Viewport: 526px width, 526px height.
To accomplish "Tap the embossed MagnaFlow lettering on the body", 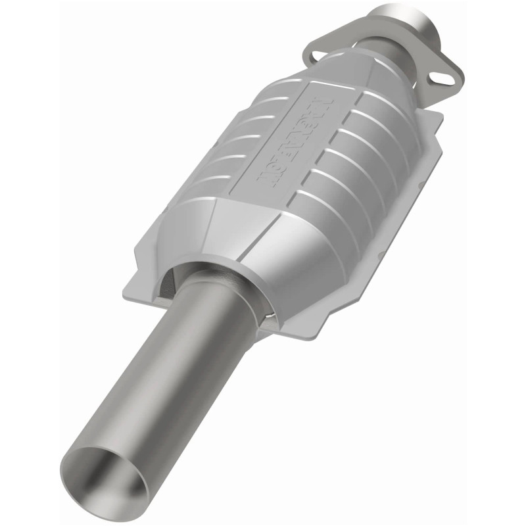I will pos(300,141).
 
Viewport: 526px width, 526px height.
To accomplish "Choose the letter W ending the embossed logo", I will pos(276,178).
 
